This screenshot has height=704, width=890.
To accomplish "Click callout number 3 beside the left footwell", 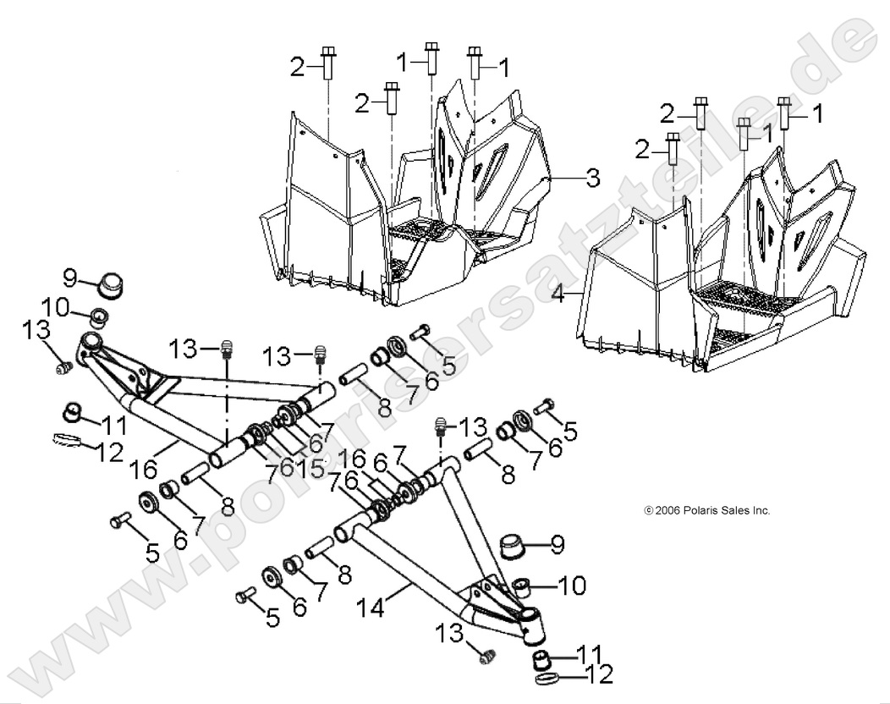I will coord(593,179).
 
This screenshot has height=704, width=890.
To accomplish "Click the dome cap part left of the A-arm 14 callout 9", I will coord(514,547).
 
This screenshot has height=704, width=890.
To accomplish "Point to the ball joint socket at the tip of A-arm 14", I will coord(533,626).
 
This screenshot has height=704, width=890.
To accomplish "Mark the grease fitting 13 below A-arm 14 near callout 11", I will coord(486,653).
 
